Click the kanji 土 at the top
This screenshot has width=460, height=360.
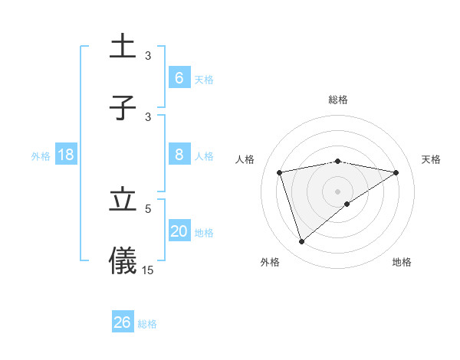(x=123, y=45)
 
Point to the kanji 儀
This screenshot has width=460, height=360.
(x=123, y=260)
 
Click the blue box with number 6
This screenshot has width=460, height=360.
(x=179, y=77)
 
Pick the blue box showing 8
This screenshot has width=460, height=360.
(x=179, y=155)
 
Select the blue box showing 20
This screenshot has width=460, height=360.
(x=179, y=231)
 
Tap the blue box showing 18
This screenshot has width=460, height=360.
(x=66, y=155)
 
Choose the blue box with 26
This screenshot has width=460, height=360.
(x=123, y=322)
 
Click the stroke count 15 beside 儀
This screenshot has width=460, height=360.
(x=148, y=270)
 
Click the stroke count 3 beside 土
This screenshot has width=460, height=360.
(x=148, y=55)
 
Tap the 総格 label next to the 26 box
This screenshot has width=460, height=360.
(x=147, y=324)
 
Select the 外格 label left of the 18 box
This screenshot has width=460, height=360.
(x=41, y=156)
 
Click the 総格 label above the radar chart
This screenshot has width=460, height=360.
(x=338, y=100)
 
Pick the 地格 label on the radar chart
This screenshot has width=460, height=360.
(x=402, y=262)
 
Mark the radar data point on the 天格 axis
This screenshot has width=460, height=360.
(x=396, y=172)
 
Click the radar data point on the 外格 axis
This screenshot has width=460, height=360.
(x=302, y=242)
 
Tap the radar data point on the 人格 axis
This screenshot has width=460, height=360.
(x=280, y=172)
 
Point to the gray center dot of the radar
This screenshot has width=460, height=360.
(x=338, y=191)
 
